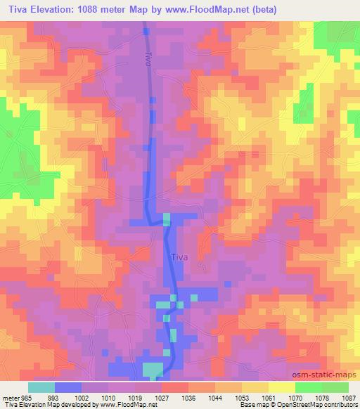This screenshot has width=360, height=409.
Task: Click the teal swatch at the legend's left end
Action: tap(41, 387)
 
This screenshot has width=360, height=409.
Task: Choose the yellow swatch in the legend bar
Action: tap(281, 387)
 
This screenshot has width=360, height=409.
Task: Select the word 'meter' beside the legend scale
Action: tap(11, 397)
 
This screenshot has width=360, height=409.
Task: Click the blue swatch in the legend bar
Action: tap(68, 387)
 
